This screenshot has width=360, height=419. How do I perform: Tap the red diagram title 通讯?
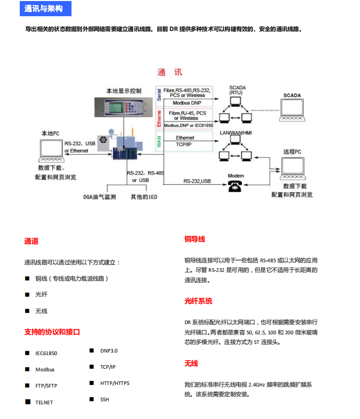[169, 73]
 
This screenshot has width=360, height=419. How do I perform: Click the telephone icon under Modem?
[235, 186]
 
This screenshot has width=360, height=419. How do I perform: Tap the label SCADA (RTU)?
[237, 90]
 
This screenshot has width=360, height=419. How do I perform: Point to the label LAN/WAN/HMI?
[235, 133]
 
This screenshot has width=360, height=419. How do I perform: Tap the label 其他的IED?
[144, 197]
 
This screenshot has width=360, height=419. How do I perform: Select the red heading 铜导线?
[195, 239]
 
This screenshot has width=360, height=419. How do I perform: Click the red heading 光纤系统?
[198, 301]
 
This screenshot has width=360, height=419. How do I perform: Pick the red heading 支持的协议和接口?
[52, 332]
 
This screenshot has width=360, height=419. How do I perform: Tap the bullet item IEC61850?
[46, 354]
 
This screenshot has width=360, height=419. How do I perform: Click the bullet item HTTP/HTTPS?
[115, 383]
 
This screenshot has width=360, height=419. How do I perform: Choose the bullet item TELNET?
[44, 402]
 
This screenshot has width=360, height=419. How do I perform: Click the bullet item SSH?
[104, 399]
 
